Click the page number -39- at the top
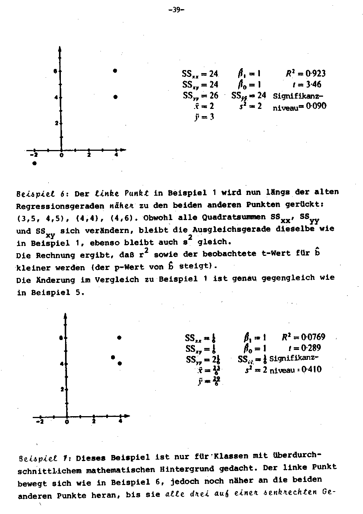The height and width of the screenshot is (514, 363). coord(176,10)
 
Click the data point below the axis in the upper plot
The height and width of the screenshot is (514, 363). coord(35,163)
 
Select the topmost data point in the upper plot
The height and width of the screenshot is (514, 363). coord(115,71)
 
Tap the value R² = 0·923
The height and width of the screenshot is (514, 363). coord(306,73)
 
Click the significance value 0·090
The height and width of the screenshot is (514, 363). coord(314,106)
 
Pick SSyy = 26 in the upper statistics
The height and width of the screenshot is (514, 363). coord(200,95)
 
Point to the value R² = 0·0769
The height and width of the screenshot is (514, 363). coord(303,337)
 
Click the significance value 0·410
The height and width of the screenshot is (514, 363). coord(311,369)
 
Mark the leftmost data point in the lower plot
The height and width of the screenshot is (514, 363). coord(113,357)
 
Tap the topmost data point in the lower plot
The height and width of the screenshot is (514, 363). coord(119,338)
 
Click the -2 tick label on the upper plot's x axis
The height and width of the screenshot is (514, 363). coord(34,155)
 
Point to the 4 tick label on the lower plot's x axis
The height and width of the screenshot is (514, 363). coord(120,421)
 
